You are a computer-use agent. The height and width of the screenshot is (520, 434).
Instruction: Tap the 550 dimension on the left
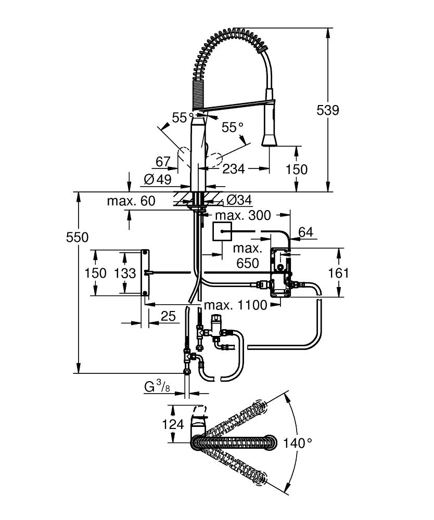(77, 237)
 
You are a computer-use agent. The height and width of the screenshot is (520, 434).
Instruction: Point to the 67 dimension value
(163, 162)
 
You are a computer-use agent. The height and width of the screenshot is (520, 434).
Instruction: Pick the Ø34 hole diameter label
(239, 200)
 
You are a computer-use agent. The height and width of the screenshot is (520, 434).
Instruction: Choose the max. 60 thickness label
(131, 201)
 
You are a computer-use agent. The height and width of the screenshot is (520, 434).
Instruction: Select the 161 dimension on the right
(338, 273)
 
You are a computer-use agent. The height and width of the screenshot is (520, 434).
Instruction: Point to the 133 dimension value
(126, 273)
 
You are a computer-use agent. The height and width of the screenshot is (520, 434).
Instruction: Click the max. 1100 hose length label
(235, 305)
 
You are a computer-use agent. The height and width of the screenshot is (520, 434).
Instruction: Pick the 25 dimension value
(168, 316)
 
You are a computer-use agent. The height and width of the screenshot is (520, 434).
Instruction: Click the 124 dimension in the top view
(173, 424)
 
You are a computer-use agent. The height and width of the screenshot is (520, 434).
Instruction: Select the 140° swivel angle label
(298, 443)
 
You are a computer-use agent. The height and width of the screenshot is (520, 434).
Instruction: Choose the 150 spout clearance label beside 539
(297, 169)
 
